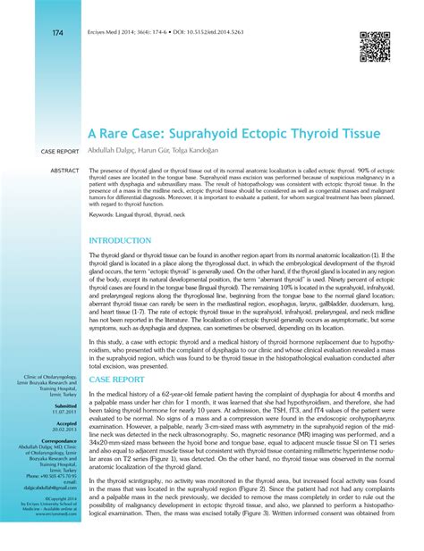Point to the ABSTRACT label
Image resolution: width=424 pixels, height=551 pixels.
click(x=64, y=169)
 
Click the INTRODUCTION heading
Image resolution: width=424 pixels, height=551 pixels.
click(x=120, y=241)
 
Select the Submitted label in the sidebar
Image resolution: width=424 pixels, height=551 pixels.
click(x=64, y=424)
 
